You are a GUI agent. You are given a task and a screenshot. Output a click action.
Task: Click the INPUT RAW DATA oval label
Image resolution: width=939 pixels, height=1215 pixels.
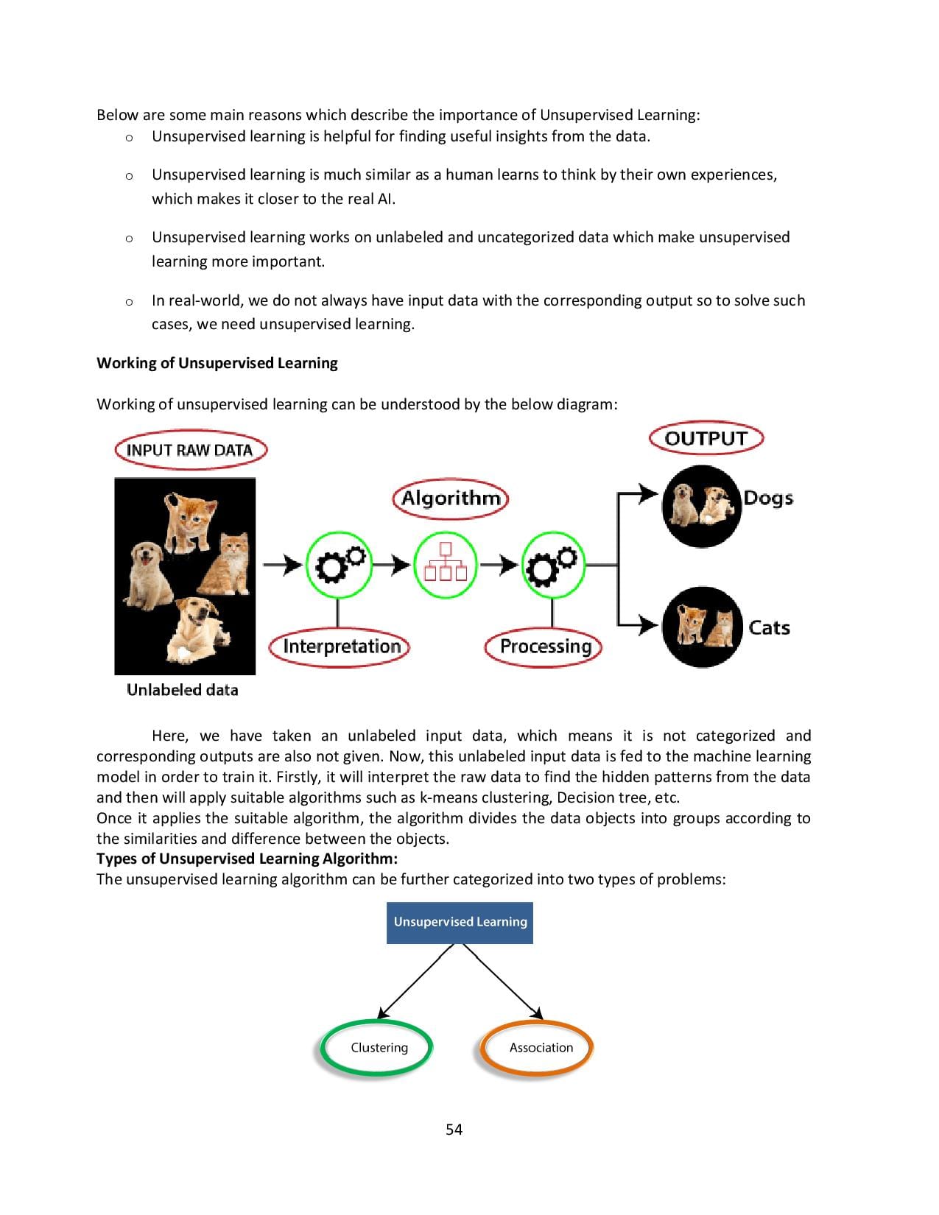pyautogui.click(x=190, y=450)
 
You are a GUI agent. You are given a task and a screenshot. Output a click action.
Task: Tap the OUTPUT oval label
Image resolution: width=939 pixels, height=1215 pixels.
pyautogui.click(x=706, y=438)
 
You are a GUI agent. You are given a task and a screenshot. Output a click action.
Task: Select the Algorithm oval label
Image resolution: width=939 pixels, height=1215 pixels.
pyautogui.click(x=450, y=499)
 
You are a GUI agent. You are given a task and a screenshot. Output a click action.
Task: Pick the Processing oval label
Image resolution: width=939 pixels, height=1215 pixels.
pyautogui.click(x=545, y=647)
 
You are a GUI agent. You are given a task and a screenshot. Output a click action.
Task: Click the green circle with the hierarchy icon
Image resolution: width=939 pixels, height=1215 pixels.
pyautogui.click(x=445, y=565)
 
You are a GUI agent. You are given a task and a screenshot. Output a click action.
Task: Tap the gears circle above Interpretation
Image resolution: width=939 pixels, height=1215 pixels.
pyautogui.click(x=338, y=565)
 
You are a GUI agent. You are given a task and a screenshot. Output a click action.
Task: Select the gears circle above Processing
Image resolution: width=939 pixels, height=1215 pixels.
pyautogui.click(x=553, y=565)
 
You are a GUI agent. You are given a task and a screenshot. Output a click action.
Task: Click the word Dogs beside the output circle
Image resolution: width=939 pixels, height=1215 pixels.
pyautogui.click(x=767, y=498)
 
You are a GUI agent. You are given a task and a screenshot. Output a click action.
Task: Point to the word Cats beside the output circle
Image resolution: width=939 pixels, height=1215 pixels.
pyautogui.click(x=769, y=627)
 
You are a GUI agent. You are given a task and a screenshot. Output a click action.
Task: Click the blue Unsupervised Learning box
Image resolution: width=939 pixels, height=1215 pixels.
pyautogui.click(x=460, y=922)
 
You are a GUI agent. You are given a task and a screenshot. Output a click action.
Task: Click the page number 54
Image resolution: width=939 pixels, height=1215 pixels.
pyautogui.click(x=454, y=1130)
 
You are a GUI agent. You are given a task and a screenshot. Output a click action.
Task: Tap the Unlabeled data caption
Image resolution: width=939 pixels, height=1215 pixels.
pyautogui.click(x=182, y=690)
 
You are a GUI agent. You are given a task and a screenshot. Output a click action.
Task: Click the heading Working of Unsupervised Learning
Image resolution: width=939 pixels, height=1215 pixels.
pyautogui.click(x=217, y=363)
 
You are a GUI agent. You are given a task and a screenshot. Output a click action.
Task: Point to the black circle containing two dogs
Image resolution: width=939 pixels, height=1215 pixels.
pyautogui.click(x=700, y=505)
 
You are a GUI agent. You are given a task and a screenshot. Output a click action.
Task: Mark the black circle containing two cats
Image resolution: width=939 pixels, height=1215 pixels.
pyautogui.click(x=702, y=627)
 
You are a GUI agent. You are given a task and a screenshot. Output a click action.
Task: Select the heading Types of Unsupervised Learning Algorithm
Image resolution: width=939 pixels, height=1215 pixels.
pyautogui.click(x=247, y=859)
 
